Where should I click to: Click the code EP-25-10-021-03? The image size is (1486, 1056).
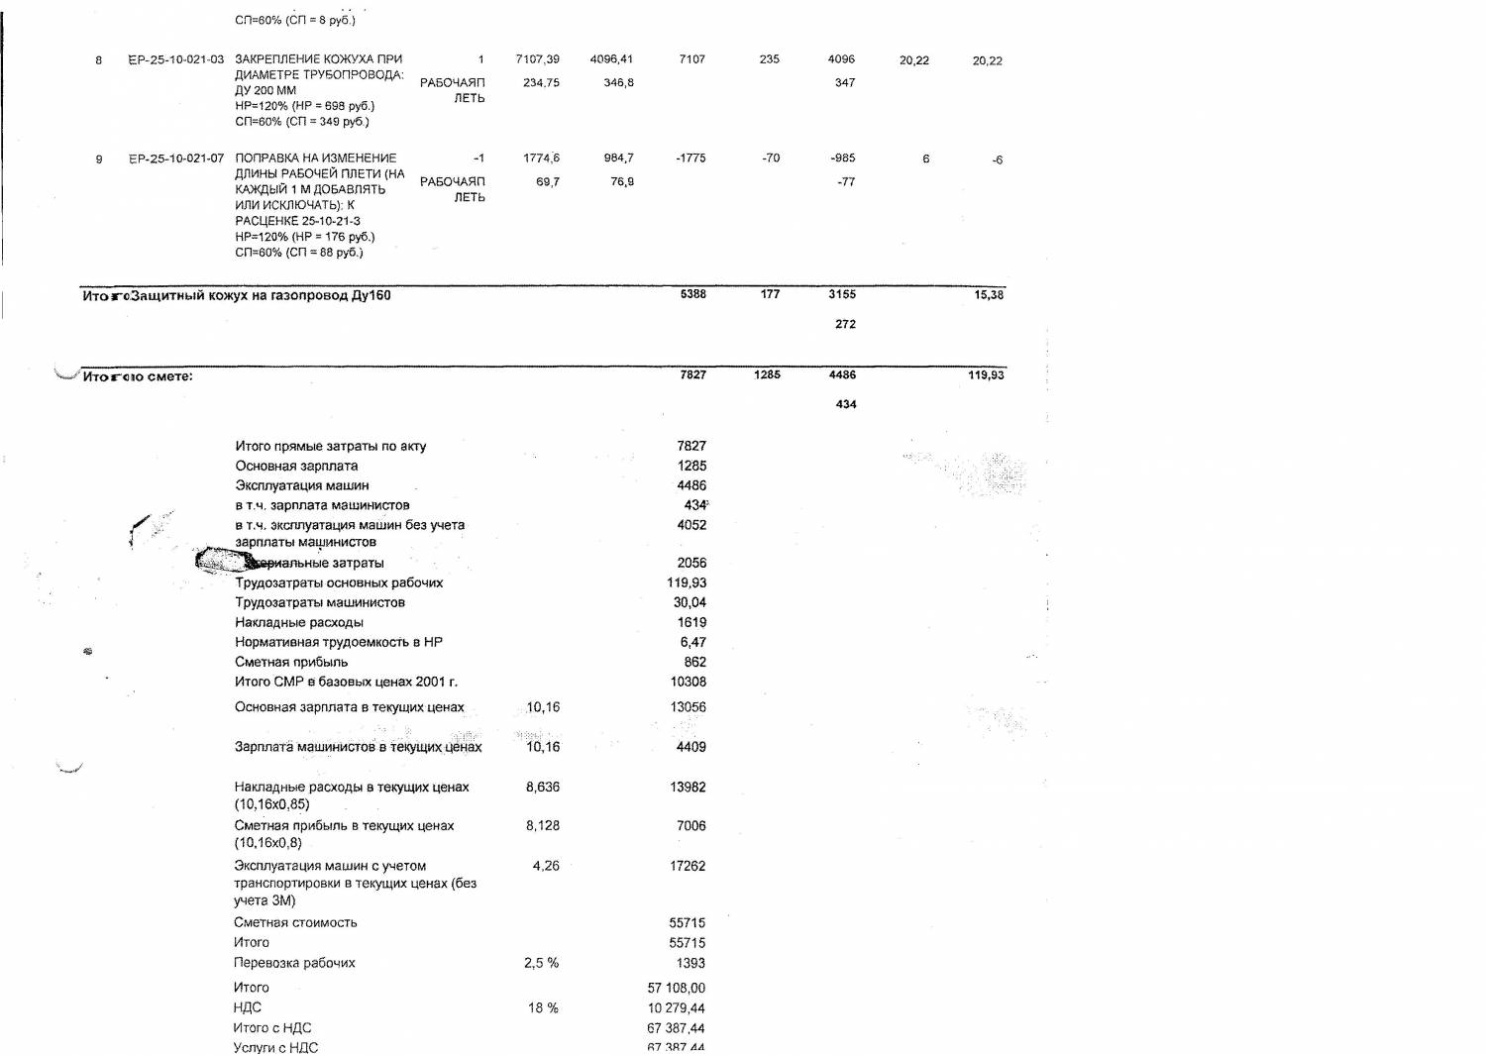click(176, 59)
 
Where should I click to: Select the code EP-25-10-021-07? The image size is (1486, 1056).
click(176, 158)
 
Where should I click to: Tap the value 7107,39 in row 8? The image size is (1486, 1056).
click(538, 59)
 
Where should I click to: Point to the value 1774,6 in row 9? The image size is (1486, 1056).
click(542, 158)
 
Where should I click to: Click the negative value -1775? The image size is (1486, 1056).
click(690, 158)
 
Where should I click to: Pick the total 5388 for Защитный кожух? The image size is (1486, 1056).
click(693, 294)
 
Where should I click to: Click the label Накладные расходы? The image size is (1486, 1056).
click(299, 623)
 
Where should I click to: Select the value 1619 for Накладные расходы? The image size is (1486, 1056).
click(691, 623)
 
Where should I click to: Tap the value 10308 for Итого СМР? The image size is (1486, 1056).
click(689, 683)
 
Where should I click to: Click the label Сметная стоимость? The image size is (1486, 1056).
click(295, 922)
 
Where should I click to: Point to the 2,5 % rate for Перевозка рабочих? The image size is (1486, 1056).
click(541, 963)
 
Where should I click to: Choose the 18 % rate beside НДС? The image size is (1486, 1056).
click(544, 1008)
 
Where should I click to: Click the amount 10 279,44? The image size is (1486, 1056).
click(677, 1008)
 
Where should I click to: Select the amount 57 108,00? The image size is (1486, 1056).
click(677, 988)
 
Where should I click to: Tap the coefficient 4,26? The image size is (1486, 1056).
click(546, 866)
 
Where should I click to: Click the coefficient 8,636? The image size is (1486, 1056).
click(543, 787)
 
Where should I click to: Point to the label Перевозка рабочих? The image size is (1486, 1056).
click(294, 963)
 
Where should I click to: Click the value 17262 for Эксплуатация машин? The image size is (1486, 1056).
click(688, 866)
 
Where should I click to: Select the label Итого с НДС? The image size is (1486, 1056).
click(272, 1028)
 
